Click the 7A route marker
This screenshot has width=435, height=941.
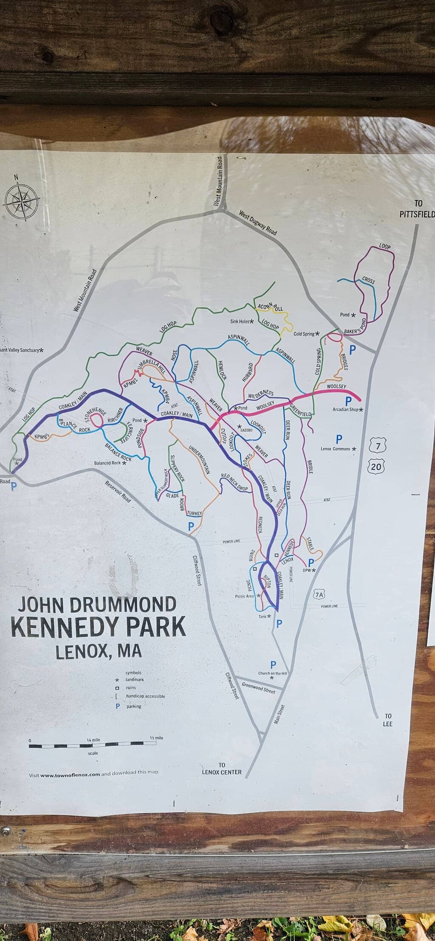coord(319,594)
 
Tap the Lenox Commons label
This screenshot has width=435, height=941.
coord(336,449)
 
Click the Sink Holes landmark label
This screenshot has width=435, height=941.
coord(240,321)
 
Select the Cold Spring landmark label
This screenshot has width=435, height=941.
coord(304,334)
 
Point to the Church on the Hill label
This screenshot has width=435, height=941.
coord(272,673)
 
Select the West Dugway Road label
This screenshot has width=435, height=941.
coord(257,223)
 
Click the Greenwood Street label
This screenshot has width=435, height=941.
coord(258,687)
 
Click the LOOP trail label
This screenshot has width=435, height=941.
coord(384,247)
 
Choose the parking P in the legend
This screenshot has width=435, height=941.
coord(118,706)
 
